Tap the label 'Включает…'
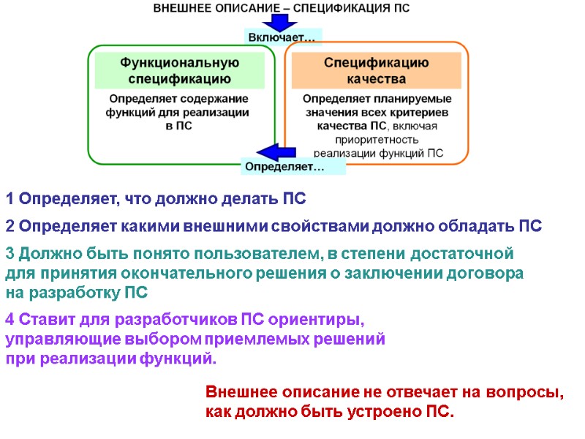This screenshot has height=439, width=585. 282,37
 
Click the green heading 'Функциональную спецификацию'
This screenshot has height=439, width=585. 180,71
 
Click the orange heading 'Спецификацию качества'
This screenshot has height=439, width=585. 376,71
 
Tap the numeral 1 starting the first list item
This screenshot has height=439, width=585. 10,199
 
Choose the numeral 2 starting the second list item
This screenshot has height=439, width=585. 10,226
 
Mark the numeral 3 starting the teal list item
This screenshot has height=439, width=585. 10,254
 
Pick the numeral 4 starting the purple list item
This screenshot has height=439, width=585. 10,320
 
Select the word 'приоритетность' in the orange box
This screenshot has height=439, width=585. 377,140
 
